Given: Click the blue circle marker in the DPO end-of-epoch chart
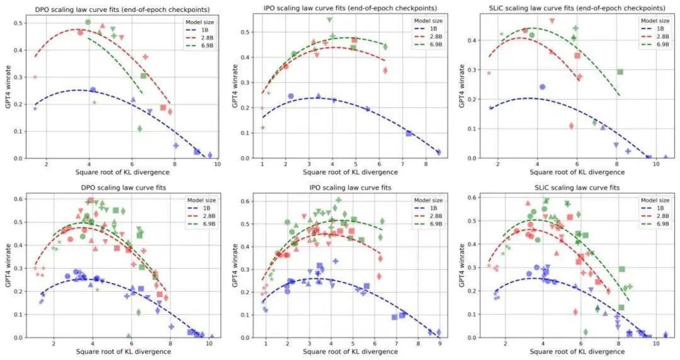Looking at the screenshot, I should pyautogui.click(x=93, y=90).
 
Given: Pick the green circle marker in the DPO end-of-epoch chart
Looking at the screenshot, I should pyautogui.click(x=88, y=22).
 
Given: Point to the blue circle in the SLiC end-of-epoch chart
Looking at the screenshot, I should pyautogui.click(x=542, y=87).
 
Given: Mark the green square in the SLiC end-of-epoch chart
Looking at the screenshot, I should pyautogui.click(x=620, y=72).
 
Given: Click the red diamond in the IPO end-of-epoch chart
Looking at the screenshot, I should pyautogui.click(x=385, y=70).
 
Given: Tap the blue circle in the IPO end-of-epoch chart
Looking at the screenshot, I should pyautogui.click(x=291, y=96).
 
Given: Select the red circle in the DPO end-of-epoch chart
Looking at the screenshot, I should pyautogui.click(x=80, y=33).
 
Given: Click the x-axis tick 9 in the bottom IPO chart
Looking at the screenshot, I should pyautogui.click(x=439, y=344).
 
